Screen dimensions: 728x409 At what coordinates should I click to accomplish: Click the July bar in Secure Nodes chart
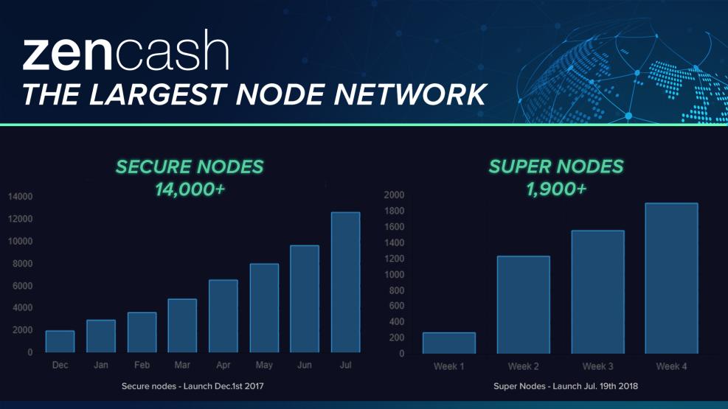coord(345,282)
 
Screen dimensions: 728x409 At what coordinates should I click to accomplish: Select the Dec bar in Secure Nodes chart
coord(60,341)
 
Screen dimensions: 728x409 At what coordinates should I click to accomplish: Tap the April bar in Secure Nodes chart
coord(223,316)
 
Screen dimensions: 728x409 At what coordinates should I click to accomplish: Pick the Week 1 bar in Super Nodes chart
coord(449,343)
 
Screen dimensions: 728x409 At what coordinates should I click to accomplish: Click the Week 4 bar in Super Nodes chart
coord(671,279)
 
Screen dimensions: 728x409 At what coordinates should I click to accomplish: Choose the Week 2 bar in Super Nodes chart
coord(523,304)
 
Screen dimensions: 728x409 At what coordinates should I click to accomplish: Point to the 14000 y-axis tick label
coord(20,197)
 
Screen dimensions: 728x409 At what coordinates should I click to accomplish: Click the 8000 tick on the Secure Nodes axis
coord(22,263)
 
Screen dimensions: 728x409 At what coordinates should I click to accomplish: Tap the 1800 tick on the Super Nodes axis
coord(394,211)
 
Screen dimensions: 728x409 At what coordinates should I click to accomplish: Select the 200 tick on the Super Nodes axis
coord(396,338)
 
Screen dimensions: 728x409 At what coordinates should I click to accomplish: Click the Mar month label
coord(182,365)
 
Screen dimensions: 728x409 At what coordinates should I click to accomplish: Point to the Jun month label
coord(305,365)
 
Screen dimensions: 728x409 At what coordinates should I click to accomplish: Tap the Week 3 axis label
coord(597,366)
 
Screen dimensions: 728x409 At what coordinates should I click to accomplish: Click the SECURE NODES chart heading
coord(190,167)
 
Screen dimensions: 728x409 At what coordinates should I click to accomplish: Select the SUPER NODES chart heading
coord(555,167)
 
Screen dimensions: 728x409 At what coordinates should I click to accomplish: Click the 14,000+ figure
coord(190,189)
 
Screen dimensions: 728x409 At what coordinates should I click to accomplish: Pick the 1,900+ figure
coord(555,189)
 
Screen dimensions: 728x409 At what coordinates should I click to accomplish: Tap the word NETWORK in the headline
coord(409,94)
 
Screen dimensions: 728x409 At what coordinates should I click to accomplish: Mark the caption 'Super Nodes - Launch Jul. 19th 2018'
coord(566,386)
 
